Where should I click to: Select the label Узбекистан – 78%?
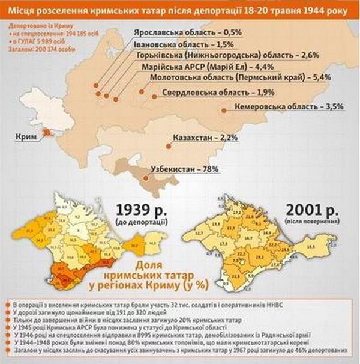point(184,170)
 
